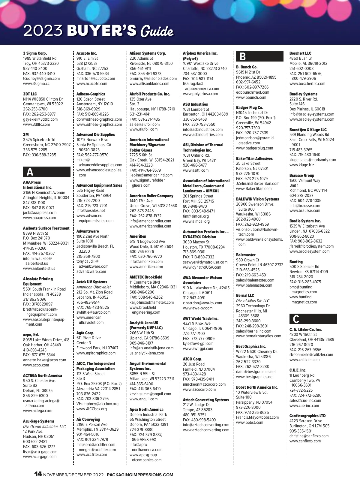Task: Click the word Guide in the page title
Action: click(x=157, y=31)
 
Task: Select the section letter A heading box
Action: click(x=47, y=172)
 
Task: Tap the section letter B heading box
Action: click(x=259, y=56)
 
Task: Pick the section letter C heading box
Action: click(x=313, y=319)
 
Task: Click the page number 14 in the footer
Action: click(x=38, y=474)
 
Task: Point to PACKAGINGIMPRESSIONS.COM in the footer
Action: click(x=140, y=475)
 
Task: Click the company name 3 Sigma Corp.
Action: click(x=35, y=53)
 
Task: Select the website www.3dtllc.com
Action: click(x=37, y=124)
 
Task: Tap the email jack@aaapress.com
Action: click(x=40, y=213)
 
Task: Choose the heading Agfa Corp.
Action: click(x=85, y=333)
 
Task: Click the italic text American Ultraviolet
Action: click(x=94, y=287)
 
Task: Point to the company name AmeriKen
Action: click(x=138, y=236)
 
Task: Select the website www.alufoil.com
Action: click(x=143, y=129)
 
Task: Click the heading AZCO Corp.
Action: click(x=192, y=359)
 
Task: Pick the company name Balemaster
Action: click(x=246, y=255)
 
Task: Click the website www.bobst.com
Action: click(x=250, y=423)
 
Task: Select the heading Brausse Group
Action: click(x=302, y=175)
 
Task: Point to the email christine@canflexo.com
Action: click(x=309, y=436)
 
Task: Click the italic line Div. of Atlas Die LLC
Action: click(x=253, y=301)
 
